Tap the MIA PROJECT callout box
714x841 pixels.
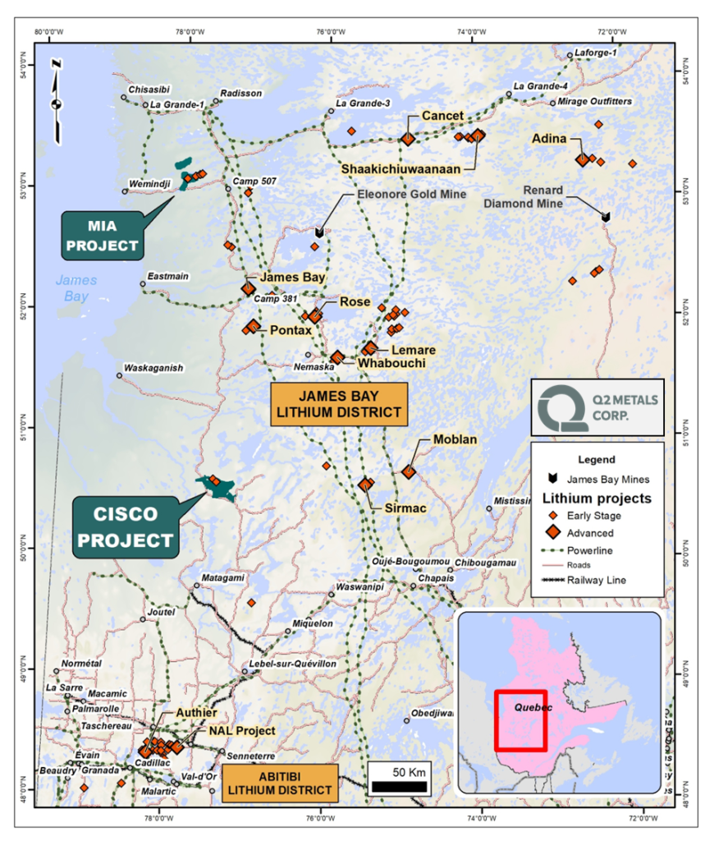point(103,233)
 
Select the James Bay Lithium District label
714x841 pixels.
point(339,404)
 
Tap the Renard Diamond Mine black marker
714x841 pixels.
point(606,217)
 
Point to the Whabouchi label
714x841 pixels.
point(391,362)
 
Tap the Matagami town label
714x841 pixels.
point(222,577)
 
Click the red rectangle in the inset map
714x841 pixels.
point(521,720)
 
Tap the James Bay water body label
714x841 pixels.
point(76,287)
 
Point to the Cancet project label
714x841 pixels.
point(442,116)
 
